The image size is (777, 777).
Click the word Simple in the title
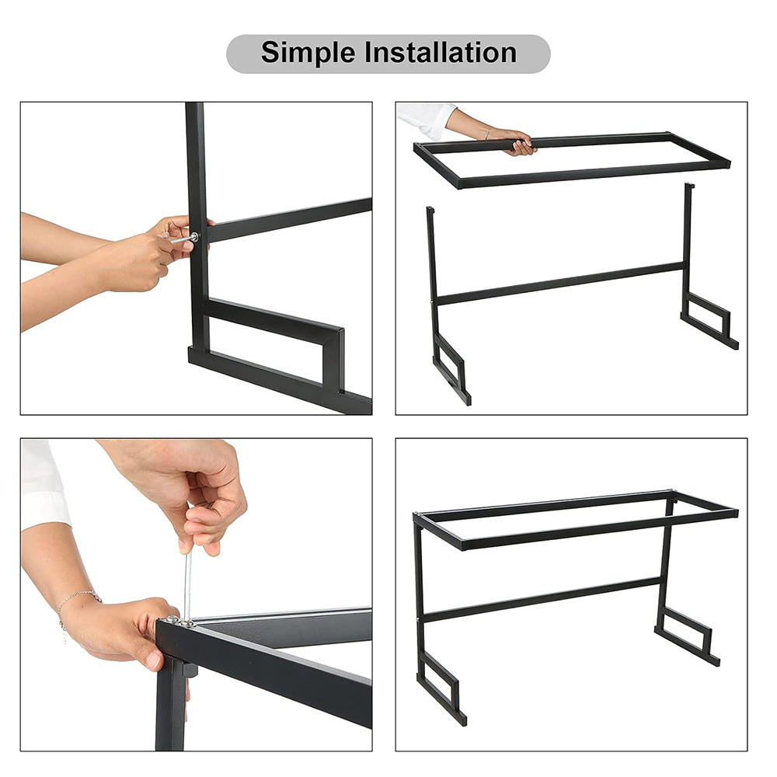click(x=308, y=53)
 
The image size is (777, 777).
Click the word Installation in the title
click(x=441, y=53)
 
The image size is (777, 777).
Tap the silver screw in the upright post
click(x=193, y=237)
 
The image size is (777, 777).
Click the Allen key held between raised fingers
click(x=187, y=583)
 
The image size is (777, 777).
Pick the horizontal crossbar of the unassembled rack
click(x=559, y=284)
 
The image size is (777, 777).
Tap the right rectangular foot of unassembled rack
click(x=709, y=318)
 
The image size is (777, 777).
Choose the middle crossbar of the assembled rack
click(x=544, y=599)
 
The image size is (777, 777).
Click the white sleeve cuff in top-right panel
click(x=426, y=119)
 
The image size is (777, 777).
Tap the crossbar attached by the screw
click(x=287, y=220)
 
